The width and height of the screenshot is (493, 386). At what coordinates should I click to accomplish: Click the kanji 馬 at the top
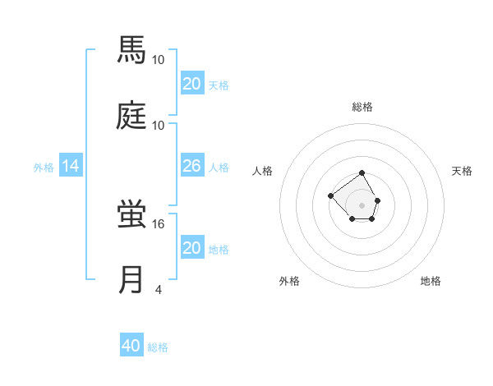click(x=131, y=50)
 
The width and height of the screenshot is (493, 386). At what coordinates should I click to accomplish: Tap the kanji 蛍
click(x=131, y=214)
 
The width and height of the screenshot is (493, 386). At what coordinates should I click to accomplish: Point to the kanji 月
click(x=131, y=279)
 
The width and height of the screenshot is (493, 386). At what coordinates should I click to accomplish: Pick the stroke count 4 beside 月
click(x=159, y=289)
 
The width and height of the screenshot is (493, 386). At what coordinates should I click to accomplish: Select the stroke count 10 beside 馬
click(x=159, y=60)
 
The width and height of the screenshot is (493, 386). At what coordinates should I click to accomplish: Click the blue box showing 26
click(x=191, y=166)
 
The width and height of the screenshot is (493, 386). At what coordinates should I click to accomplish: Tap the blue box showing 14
click(x=71, y=166)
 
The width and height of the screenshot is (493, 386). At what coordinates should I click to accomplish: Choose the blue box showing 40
click(x=131, y=346)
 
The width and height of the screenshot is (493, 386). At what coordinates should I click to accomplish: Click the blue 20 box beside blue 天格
click(x=191, y=83)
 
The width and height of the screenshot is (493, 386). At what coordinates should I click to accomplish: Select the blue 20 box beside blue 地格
click(x=191, y=248)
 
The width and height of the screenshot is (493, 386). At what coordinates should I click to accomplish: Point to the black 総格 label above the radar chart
click(x=362, y=107)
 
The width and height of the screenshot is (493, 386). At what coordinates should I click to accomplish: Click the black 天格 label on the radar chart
click(x=462, y=171)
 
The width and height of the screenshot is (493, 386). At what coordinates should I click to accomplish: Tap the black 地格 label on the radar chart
click(x=431, y=281)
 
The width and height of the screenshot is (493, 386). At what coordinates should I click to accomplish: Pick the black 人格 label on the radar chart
click(x=263, y=171)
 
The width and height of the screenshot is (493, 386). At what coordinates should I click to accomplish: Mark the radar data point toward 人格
click(x=330, y=195)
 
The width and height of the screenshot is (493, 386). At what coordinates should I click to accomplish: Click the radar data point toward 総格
click(x=362, y=174)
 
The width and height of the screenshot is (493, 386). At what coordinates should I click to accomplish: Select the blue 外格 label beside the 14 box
click(x=44, y=167)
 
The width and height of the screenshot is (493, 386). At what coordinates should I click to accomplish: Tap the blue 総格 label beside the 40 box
click(x=158, y=347)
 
